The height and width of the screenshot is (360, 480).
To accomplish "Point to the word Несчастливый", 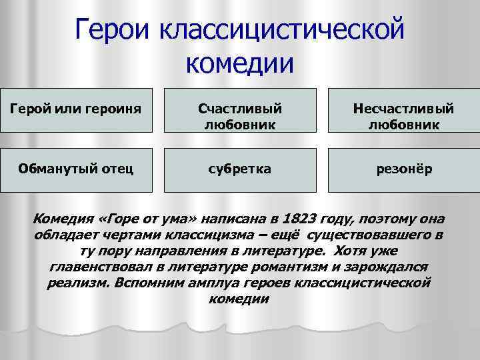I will coord(403,107).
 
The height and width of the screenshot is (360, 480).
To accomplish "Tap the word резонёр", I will coord(403,169).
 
